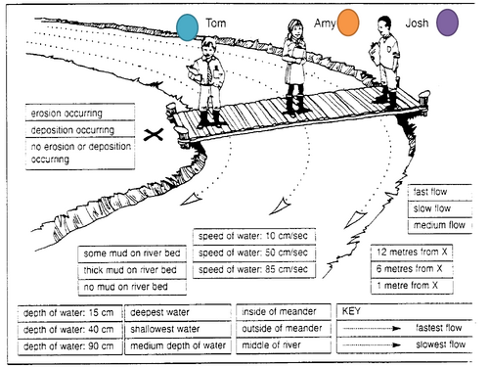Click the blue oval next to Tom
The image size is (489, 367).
coord(188,27)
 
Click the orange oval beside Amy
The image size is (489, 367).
coord(348,23)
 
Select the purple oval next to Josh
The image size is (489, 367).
coord(448,23)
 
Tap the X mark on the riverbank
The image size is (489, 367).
coord(154,134)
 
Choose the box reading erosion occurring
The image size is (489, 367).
coord(80,114)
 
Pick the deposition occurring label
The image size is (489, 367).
coord(80,130)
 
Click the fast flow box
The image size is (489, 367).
coord(440,192)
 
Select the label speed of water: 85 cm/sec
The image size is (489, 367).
coord(254,269)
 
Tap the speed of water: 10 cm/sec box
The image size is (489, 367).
coord(254,236)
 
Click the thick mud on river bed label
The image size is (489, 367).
coord(132,270)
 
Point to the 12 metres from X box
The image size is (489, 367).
coord(412,252)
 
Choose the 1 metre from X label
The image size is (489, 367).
coord(412,286)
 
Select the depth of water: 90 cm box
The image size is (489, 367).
coord(70,346)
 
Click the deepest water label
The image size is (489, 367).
coord(178,312)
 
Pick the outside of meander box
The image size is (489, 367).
coord(284,328)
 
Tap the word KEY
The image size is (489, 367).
coord(351,311)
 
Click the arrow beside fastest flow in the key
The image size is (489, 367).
coord(372,328)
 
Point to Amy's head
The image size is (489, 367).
coord(295,28)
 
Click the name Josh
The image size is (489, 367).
coord(417,23)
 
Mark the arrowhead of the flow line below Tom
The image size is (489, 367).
coord(192,200)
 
